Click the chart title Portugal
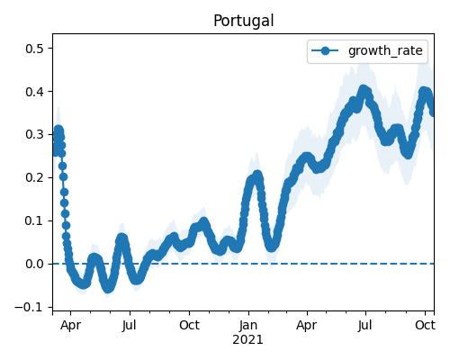243,21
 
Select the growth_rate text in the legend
385,50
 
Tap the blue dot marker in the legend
325,50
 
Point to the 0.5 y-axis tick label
35,49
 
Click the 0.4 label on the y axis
35,92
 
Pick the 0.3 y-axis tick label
35,135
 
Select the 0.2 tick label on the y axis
35,178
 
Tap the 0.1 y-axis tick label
35,221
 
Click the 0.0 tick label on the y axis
35,265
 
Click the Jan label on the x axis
248,325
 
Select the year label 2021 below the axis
247,339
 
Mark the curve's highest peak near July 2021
364,90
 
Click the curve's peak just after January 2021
257,175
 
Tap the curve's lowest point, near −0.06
108,288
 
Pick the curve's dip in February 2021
272,247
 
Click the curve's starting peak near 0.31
58,130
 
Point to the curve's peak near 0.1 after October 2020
203,222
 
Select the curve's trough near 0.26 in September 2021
408,154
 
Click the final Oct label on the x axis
425,325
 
